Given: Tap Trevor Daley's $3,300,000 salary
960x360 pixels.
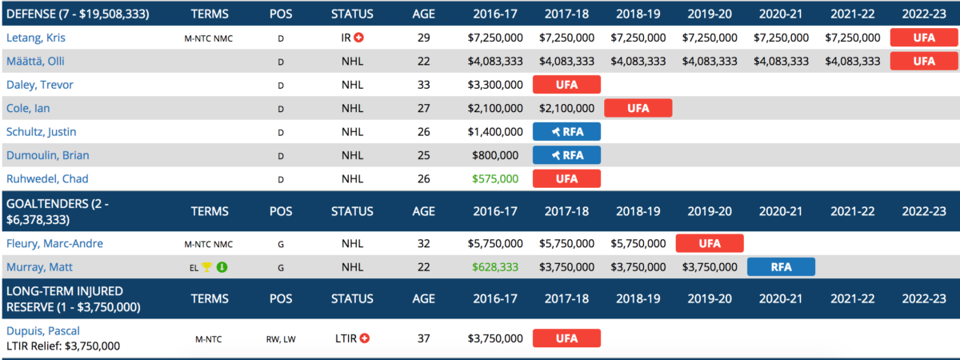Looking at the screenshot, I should point(495,85).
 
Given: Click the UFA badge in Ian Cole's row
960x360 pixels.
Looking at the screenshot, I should point(638,108).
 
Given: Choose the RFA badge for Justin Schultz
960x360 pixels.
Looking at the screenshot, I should point(566,132).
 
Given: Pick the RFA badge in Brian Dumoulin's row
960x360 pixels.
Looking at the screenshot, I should point(566,155).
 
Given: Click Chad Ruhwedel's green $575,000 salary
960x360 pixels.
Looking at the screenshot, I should point(495,179).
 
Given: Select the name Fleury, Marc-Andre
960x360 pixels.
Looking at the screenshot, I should point(54,243).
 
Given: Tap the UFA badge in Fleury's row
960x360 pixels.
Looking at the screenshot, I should point(710,243).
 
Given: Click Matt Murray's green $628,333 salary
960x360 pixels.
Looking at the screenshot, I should point(495,267).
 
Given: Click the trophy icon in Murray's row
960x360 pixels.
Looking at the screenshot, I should point(206,267).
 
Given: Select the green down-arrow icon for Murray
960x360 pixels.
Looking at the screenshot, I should point(222,267).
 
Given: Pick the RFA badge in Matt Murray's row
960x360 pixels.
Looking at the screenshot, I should point(781,267).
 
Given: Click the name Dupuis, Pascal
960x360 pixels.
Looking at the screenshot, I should point(43,330).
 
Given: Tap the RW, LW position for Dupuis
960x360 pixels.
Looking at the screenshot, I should point(281,338).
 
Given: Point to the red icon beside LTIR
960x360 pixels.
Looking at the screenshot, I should point(365,338).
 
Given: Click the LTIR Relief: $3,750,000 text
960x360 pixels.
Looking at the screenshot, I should point(63,346).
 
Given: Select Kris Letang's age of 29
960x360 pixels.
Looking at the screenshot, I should point(424,38).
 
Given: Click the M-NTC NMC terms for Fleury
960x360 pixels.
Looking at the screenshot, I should point(209,244).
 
